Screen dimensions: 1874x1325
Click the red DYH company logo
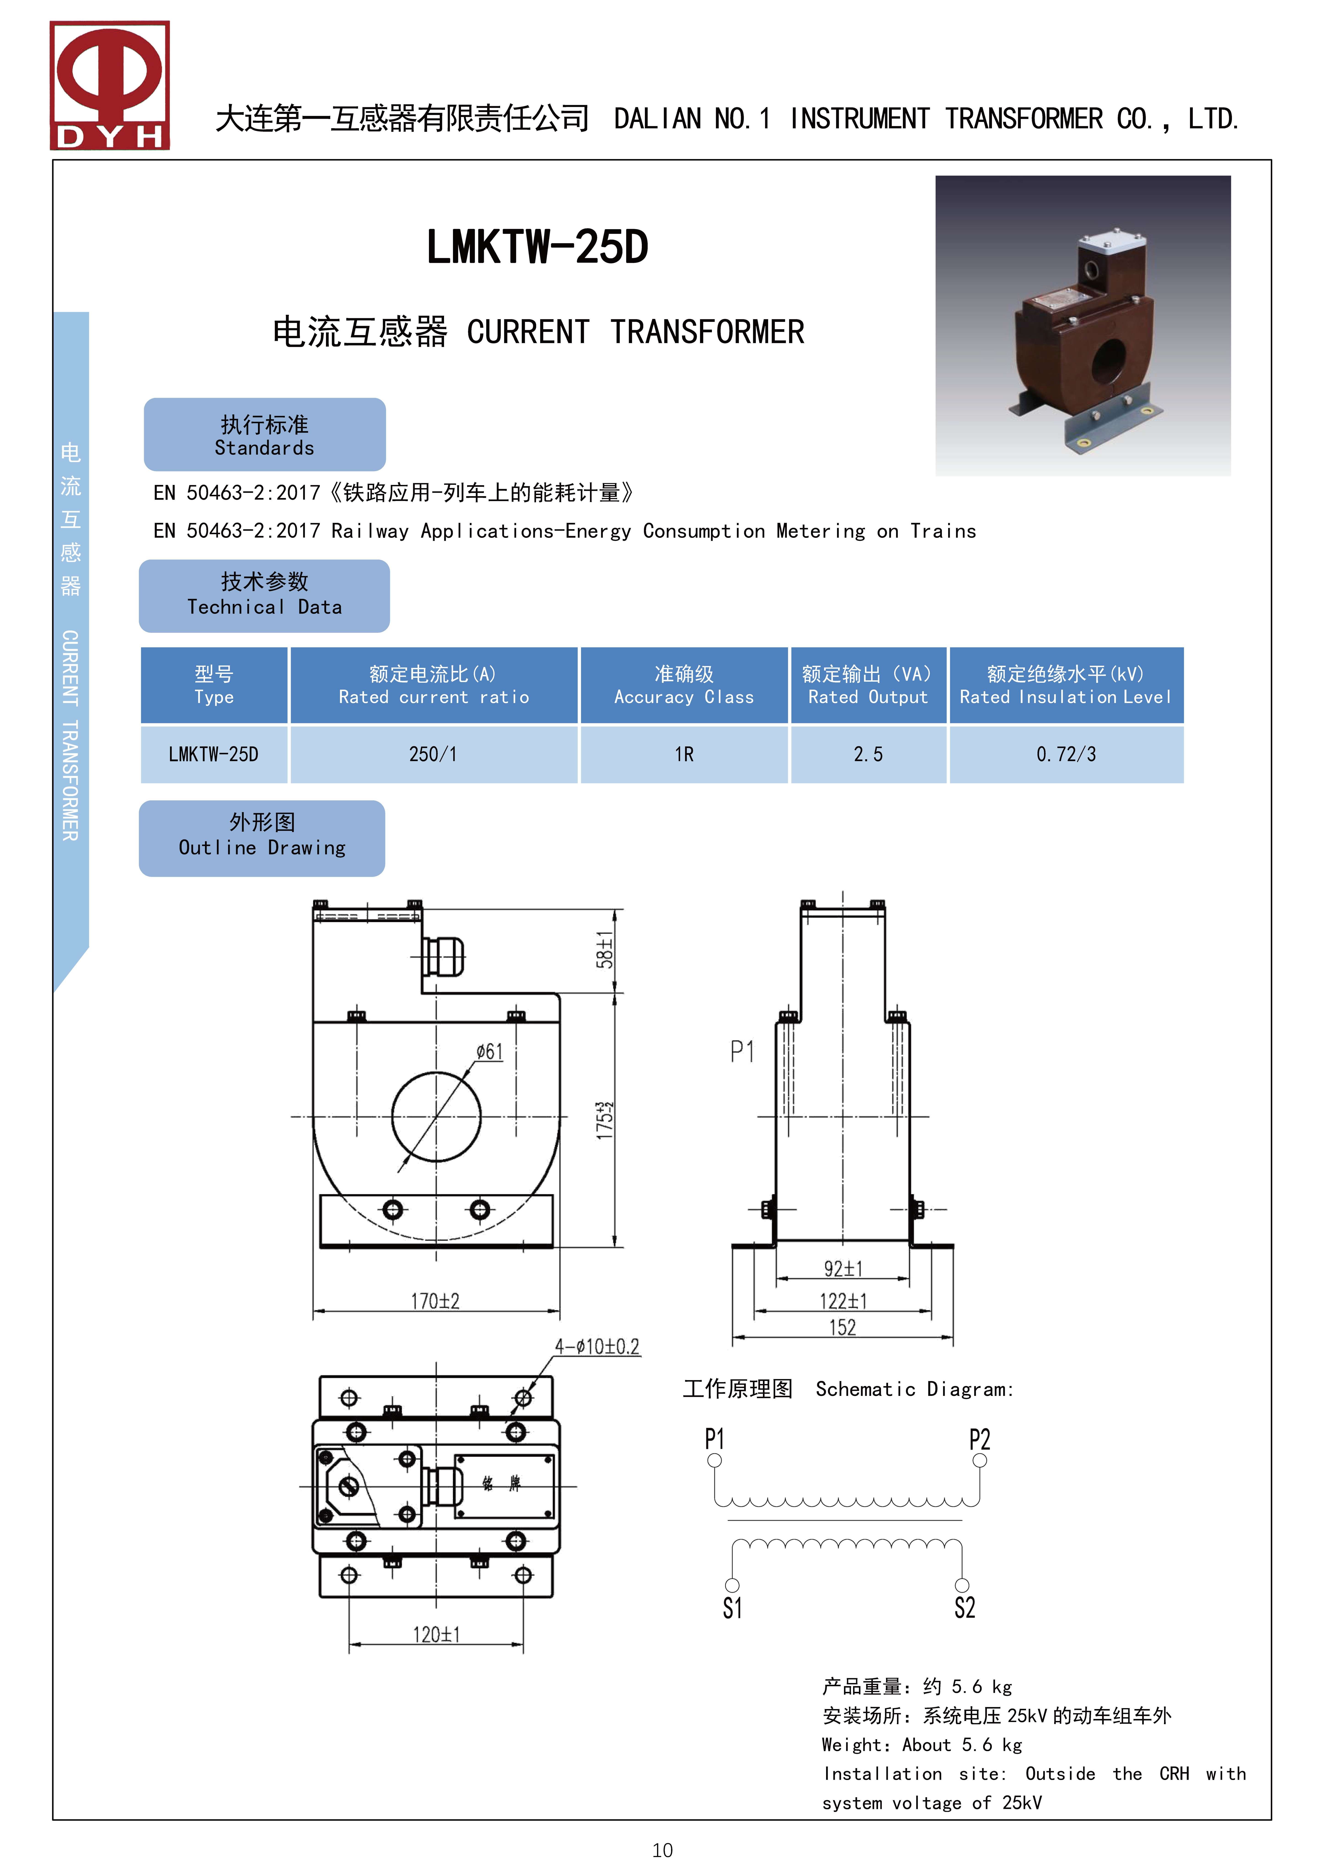109,85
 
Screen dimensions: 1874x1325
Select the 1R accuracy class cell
684,754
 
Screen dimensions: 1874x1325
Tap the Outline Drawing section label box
262,838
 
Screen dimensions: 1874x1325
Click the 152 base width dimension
843,1327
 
